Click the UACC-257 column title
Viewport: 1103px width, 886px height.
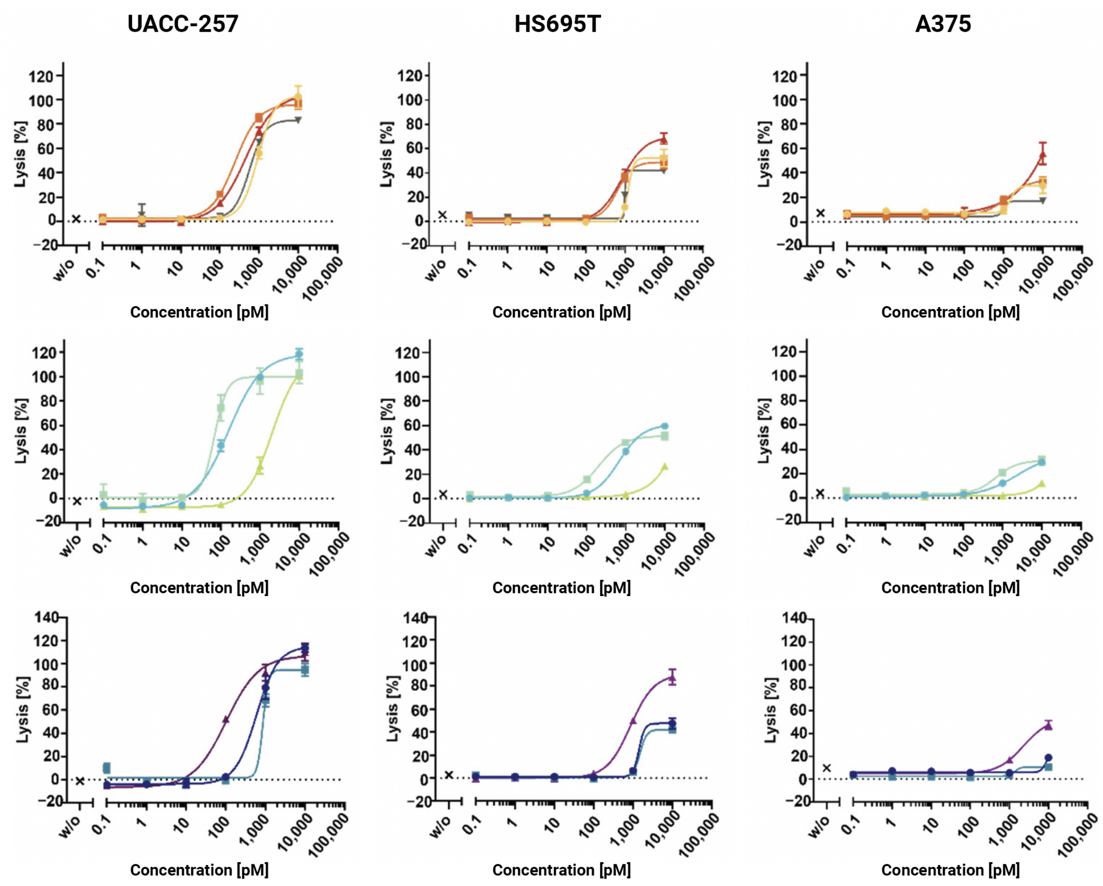[x=183, y=24]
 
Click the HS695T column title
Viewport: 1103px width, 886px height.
[x=557, y=24]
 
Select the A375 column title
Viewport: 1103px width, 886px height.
[x=943, y=24]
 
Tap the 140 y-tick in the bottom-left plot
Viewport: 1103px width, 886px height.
[x=47, y=617]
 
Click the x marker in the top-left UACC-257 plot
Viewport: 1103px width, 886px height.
[x=76, y=219]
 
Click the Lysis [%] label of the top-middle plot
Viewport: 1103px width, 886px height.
[x=387, y=154]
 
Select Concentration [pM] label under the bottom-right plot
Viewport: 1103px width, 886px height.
[x=950, y=870]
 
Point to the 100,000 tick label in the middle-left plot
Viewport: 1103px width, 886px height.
[x=329, y=555]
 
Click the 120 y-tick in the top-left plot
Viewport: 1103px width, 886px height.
[x=41, y=76]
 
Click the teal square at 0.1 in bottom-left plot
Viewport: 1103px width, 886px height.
[x=107, y=768]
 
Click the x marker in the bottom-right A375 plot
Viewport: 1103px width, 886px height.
[x=827, y=768]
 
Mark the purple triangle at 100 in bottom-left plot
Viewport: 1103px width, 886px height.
[x=226, y=719]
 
